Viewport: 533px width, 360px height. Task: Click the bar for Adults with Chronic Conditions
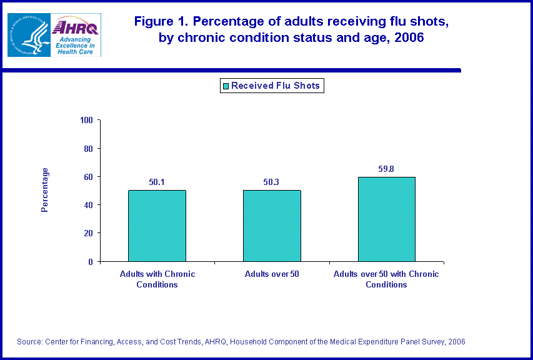pyautogui.click(x=157, y=226)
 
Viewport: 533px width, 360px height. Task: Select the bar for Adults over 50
pyautogui.click(x=272, y=226)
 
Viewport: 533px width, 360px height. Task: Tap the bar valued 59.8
pyautogui.click(x=387, y=219)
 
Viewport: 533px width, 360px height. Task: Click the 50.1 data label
pyautogui.click(x=157, y=182)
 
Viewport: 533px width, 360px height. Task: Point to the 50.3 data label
pyautogui.click(x=272, y=182)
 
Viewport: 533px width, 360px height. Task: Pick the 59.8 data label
pyautogui.click(x=387, y=169)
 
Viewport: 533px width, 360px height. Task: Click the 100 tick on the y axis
pyautogui.click(x=86, y=120)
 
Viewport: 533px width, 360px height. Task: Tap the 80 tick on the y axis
pyautogui.click(x=88, y=149)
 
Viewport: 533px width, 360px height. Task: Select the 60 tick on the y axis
pyautogui.click(x=88, y=177)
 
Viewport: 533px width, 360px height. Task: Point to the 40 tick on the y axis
pyautogui.click(x=88, y=205)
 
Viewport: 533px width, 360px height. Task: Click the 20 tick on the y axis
pyautogui.click(x=88, y=233)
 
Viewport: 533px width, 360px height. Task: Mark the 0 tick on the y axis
pyautogui.click(x=91, y=262)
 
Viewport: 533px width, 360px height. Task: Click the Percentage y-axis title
pyautogui.click(x=45, y=190)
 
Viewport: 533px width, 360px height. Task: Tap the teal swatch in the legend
pyautogui.click(x=226, y=86)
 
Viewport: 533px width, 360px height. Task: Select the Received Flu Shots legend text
pyautogui.click(x=276, y=86)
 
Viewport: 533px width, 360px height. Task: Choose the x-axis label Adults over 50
pyautogui.click(x=272, y=274)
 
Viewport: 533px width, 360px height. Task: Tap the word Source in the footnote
pyautogui.click(x=30, y=342)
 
